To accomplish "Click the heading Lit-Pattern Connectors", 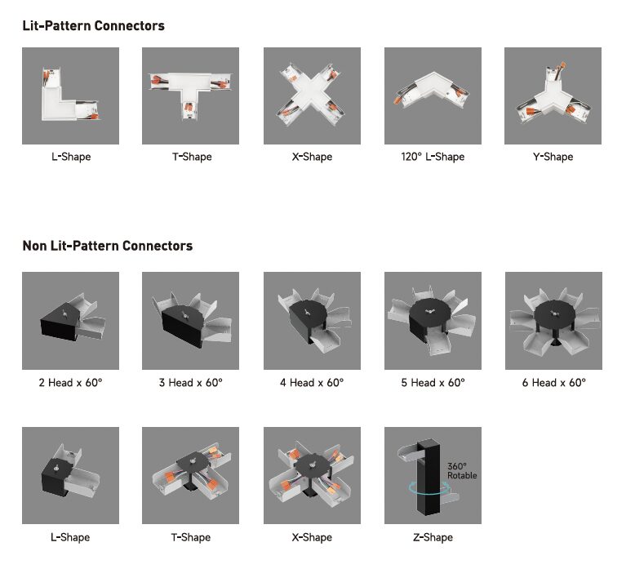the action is coord(94,25).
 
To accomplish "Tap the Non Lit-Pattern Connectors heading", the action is coord(107,246).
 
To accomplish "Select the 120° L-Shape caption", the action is coord(433,157).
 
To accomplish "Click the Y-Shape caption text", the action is coord(553,157).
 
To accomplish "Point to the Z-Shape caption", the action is coord(433,537).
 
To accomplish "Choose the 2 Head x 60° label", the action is coord(70,383).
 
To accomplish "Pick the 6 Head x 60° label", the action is coord(553,383).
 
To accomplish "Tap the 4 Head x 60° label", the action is coord(312,383).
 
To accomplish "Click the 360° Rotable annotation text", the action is coord(462,471).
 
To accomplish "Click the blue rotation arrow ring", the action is coord(429,493).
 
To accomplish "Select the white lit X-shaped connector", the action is coord(312,96).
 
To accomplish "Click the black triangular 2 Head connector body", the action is coord(60,322).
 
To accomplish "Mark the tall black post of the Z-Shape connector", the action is coord(429,478).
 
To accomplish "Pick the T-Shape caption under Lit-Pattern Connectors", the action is coord(192,157).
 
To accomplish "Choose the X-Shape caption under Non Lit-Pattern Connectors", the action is coord(312,537).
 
